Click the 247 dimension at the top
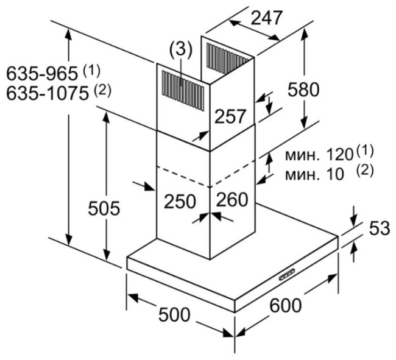266,18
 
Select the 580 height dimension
303,90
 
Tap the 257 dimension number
230,116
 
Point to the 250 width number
180,202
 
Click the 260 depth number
232,199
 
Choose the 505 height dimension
104,208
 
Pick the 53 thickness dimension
380,228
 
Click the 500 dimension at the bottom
174,314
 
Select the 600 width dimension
285,305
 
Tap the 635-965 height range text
42,74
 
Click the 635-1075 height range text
48,93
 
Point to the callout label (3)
181,50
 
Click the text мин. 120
319,155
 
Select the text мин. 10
314,174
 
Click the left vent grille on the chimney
183,90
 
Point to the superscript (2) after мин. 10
365,171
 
